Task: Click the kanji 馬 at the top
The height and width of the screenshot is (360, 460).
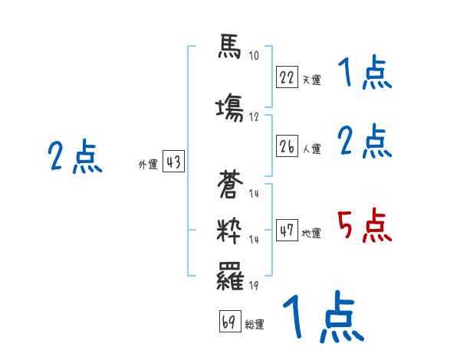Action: click(229, 47)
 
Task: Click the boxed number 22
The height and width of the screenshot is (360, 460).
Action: click(287, 77)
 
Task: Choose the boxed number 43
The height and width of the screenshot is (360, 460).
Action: click(173, 162)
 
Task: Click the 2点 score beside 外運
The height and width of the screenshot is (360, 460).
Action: click(74, 158)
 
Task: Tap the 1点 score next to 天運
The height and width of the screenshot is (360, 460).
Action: click(364, 74)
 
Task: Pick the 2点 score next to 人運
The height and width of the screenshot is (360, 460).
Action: click(364, 142)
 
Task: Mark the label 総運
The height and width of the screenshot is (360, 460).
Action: click(255, 325)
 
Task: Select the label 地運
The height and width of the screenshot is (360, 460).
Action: click(311, 233)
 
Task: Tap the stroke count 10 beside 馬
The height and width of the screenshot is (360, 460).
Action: click(254, 55)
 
